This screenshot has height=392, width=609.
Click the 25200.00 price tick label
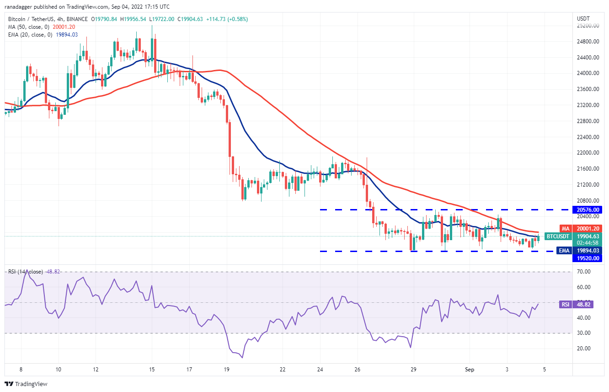pos(588,26)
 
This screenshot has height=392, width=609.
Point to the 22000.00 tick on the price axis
pos(588,153)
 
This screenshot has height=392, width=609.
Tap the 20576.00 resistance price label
pos(588,209)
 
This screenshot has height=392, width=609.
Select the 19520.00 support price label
pos(588,258)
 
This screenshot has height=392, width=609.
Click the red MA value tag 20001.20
pos(588,228)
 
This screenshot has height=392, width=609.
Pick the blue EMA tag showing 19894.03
pos(588,250)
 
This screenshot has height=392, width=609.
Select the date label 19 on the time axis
pos(227,369)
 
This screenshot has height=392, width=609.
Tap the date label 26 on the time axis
pos(358,369)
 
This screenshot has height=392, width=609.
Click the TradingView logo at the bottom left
pos(26,384)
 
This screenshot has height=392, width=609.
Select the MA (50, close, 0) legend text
pos(28,27)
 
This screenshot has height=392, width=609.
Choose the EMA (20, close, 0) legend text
pos(29,35)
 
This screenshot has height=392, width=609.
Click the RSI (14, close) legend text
pos(25,272)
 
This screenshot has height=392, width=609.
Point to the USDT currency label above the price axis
pos(584,18)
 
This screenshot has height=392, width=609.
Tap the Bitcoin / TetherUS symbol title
pos(33,19)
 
